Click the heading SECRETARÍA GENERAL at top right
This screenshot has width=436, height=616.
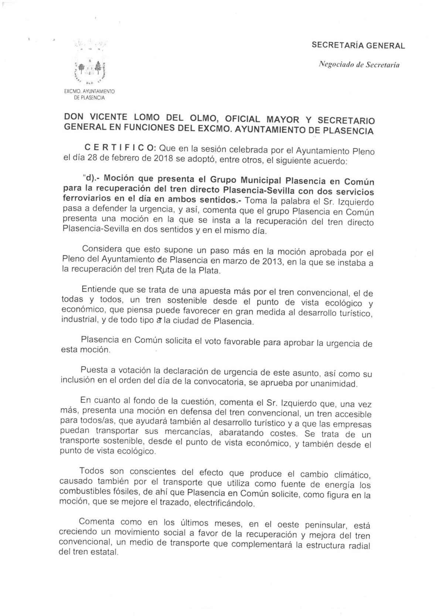point(358,45)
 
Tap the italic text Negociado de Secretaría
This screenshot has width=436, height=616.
point(359,65)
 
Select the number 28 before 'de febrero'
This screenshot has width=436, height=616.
point(92,159)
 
